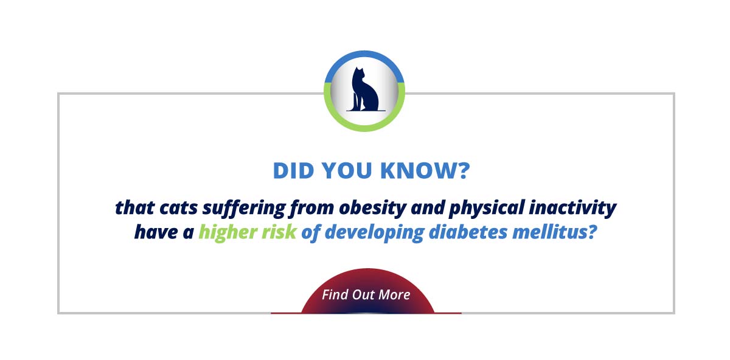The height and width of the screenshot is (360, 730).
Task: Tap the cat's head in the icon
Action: (358, 74)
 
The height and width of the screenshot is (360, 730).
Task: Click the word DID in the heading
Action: (293, 170)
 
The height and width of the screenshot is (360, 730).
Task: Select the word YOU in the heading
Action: (347, 170)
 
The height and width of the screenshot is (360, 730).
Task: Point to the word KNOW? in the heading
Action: (425, 170)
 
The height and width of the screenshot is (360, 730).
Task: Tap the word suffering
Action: (244, 209)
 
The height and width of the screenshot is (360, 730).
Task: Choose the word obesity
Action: (373, 209)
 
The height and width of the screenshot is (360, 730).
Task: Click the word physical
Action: (487, 209)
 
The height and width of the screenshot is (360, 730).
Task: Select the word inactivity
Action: (572, 209)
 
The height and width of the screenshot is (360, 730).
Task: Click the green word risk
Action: (279, 232)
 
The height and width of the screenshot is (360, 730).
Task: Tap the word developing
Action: (375, 233)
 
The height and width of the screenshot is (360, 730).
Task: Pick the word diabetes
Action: (468, 232)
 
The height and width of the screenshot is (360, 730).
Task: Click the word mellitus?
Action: (554, 232)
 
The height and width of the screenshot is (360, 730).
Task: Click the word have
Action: (156, 232)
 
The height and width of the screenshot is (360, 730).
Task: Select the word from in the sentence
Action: (312, 209)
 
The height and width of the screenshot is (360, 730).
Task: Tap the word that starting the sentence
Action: (134, 207)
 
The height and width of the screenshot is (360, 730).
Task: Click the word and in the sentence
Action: (428, 207)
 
